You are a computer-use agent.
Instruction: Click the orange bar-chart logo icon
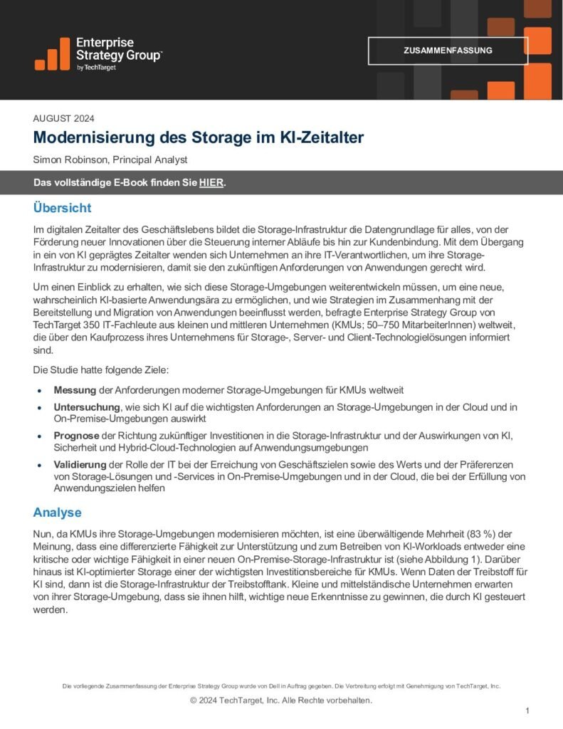[51, 54]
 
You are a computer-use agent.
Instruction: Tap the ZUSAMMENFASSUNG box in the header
[448, 51]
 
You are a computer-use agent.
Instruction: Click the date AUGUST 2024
[64, 119]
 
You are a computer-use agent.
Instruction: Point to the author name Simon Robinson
[70, 160]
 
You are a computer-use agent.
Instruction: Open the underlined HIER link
[211, 183]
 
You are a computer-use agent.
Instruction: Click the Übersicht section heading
[62, 208]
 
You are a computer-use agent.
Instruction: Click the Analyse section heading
[57, 513]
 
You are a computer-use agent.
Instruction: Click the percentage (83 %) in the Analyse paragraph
[480, 534]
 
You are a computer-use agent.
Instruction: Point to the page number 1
[527, 710]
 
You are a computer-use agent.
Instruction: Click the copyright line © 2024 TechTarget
[281, 700]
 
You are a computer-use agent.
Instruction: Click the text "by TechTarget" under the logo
[96, 68]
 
